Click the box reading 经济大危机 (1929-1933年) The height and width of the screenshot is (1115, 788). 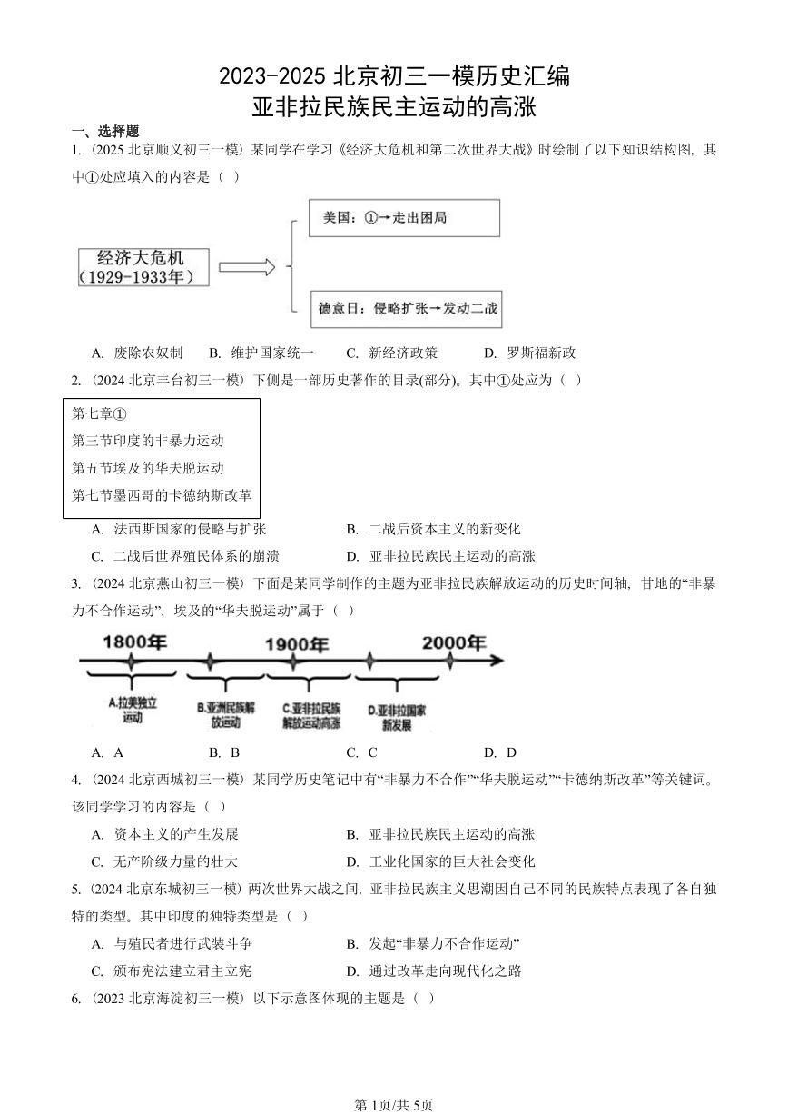(x=143, y=267)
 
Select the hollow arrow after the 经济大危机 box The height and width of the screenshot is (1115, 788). (x=246, y=267)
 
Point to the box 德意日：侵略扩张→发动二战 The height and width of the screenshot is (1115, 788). (x=405, y=309)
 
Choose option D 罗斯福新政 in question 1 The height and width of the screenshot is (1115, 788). (x=530, y=353)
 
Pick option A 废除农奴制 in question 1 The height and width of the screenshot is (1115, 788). (x=137, y=353)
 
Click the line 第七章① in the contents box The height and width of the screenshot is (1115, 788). (x=100, y=413)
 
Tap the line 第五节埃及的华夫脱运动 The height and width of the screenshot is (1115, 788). (x=148, y=468)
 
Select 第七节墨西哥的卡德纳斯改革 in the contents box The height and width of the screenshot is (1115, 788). (x=162, y=495)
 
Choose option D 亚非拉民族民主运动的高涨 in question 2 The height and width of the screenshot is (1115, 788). (x=441, y=556)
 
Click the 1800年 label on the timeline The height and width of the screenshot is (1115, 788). (x=134, y=642)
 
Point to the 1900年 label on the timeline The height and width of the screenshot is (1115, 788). (x=296, y=644)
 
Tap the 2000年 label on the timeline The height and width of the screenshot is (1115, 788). (x=453, y=642)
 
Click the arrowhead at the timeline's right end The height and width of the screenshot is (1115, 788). (x=496, y=661)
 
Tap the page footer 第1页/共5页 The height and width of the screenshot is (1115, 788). (x=393, y=1104)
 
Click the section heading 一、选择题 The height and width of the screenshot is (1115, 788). (x=105, y=131)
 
